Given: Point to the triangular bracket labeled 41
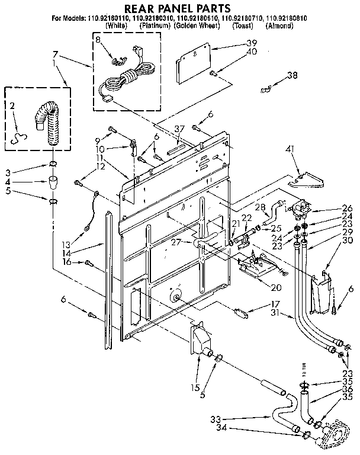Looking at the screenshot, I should click(306, 178).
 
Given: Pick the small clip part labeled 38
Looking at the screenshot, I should click(265, 90).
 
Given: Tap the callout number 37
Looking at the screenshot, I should click(179, 129).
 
